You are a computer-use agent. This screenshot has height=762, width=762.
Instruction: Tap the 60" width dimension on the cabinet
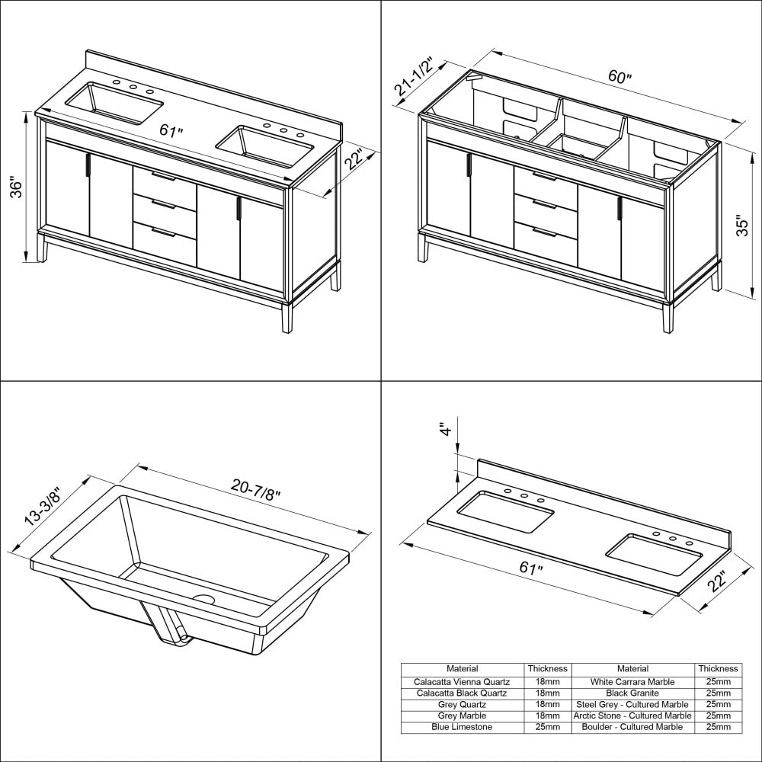click(620, 76)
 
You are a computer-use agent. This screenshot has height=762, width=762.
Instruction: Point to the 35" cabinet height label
click(742, 225)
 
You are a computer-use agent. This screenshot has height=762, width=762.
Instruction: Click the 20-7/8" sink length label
click(255, 489)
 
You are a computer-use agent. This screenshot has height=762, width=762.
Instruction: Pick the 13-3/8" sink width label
click(43, 506)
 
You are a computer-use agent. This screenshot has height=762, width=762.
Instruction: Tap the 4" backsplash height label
click(446, 429)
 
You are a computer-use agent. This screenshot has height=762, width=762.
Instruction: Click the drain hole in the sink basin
click(204, 599)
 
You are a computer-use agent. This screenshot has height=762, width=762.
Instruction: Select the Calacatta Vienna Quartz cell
click(462, 682)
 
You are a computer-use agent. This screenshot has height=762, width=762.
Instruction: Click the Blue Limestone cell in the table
click(462, 727)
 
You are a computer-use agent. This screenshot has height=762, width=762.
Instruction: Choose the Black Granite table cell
click(632, 693)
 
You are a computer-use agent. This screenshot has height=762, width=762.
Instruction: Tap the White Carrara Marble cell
click(632, 682)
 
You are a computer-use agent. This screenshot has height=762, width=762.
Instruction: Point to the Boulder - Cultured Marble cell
click(632, 727)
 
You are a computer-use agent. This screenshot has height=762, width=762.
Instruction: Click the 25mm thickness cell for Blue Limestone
click(548, 727)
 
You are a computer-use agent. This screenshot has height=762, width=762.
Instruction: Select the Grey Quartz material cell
click(462, 704)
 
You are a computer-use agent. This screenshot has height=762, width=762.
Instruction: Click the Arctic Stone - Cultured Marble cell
click(632, 716)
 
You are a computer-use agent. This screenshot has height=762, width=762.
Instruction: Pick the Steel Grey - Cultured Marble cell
click(632, 704)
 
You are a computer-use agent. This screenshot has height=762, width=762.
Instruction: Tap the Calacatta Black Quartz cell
click(462, 693)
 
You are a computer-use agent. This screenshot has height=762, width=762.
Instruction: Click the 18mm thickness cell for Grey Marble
click(548, 716)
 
